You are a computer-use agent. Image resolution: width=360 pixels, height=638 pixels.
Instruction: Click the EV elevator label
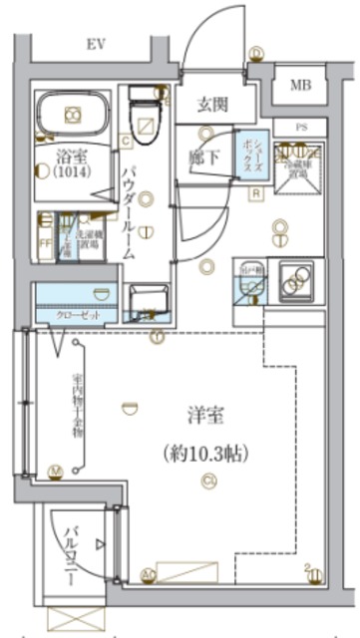click(96, 43)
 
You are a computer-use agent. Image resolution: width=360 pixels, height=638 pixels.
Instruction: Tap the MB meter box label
click(300, 86)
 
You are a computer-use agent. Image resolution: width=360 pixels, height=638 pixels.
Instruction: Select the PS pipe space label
click(300, 128)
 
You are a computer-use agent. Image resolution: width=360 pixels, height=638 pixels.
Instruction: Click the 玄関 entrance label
click(208, 104)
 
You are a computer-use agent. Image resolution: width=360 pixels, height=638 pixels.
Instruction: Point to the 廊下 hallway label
click(202, 157)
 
